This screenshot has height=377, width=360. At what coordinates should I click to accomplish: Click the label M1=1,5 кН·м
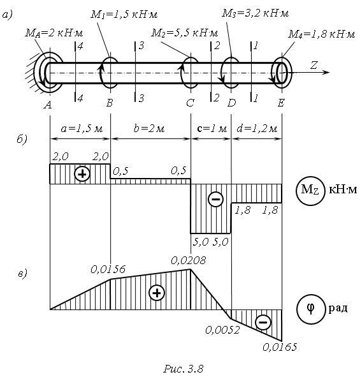(x=124, y=15)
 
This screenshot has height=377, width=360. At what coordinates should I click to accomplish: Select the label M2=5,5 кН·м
(x=184, y=33)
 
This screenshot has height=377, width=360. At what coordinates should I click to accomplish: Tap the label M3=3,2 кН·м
(x=255, y=13)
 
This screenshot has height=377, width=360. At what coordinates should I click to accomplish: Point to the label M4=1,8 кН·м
(x=322, y=34)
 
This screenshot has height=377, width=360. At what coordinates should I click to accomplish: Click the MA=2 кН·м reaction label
(x=54, y=33)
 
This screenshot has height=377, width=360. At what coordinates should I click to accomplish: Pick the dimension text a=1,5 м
(x=82, y=129)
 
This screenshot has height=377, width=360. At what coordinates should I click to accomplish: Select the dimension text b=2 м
(x=149, y=128)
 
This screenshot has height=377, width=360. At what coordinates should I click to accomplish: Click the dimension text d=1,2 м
(x=257, y=129)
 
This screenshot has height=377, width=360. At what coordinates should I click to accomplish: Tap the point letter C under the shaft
(x=190, y=103)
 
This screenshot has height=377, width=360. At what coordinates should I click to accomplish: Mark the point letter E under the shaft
(x=281, y=103)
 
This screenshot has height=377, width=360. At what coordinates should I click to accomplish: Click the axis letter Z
(x=314, y=65)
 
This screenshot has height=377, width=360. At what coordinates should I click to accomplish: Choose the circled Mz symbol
(x=310, y=191)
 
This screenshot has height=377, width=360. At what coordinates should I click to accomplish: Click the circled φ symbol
(x=311, y=309)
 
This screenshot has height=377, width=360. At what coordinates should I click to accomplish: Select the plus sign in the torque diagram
(x=82, y=174)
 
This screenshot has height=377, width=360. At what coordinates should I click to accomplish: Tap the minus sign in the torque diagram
(x=215, y=199)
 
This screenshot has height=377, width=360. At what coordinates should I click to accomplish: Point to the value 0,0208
(x=189, y=261)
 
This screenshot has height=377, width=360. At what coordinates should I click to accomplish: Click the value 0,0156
(x=108, y=270)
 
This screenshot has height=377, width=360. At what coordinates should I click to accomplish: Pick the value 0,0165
(x=280, y=347)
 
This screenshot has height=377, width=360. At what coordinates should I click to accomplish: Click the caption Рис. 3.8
(x=184, y=369)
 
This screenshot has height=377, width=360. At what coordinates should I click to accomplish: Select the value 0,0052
(x=222, y=330)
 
